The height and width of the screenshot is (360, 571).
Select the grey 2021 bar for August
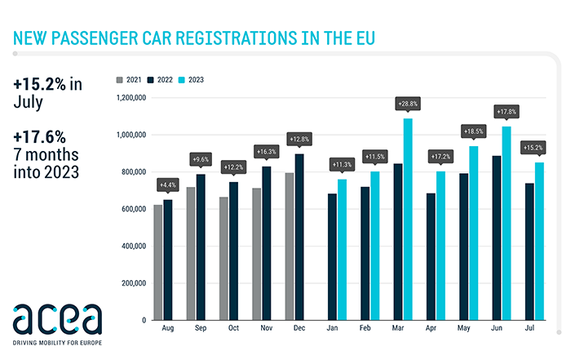(157, 262)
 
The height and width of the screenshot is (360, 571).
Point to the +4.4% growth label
(166, 184)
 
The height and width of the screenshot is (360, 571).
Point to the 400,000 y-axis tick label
(131, 246)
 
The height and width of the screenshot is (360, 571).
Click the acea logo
(57, 316)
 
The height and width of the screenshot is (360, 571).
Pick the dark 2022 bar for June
(497, 238)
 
